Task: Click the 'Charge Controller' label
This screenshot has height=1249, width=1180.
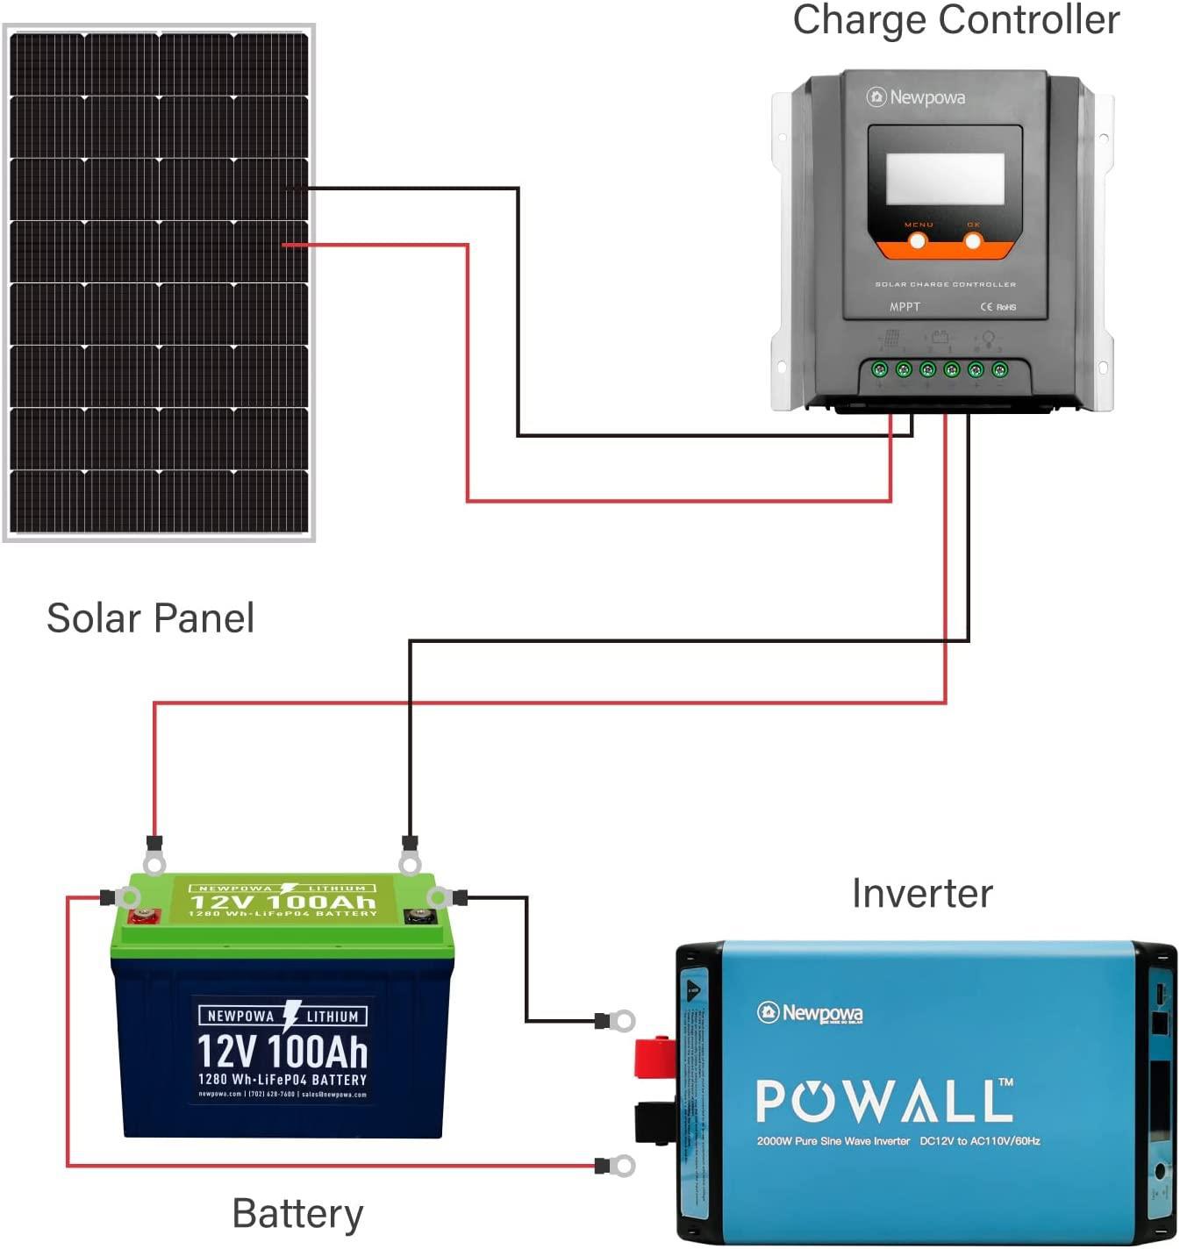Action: click(x=955, y=20)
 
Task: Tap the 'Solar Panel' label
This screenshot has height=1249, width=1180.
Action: click(x=150, y=618)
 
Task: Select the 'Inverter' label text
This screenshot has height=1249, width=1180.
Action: click(x=922, y=894)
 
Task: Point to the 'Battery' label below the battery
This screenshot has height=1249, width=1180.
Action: click(x=297, y=1214)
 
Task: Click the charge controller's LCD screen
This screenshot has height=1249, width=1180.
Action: click(x=945, y=179)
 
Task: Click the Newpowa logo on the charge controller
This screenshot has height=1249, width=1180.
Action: click(x=916, y=97)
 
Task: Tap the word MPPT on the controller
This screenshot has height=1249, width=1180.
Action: click(x=905, y=307)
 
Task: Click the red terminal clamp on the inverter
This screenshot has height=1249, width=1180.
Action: click(x=654, y=1055)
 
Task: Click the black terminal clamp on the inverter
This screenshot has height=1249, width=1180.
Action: click(x=654, y=1123)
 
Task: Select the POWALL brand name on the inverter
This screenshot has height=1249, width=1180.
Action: click(x=884, y=1101)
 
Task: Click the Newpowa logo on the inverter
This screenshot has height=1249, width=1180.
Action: click(x=810, y=1013)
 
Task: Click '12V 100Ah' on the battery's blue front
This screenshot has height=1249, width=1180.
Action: click(x=282, y=1051)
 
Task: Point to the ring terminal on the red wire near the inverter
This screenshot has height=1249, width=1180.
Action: click(x=621, y=1166)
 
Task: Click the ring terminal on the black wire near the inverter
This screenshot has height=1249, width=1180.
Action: click(x=621, y=1021)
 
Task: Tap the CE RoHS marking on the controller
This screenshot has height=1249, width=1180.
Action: click(x=998, y=307)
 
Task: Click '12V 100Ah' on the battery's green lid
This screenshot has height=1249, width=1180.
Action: click(x=282, y=902)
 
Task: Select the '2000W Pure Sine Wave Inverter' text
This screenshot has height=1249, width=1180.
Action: click(x=833, y=1141)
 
